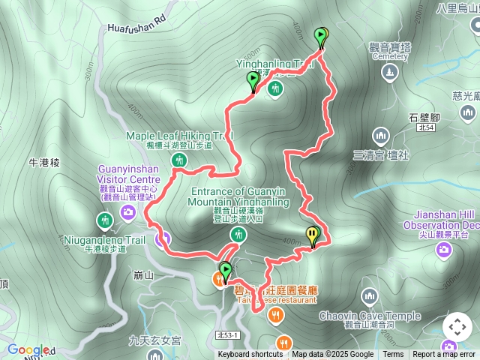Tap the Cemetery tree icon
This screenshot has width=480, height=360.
click(388, 72)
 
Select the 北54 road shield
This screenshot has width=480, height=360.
click(425, 128)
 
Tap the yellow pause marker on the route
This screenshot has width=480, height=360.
click(311, 235)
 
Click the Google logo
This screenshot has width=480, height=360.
click(27, 349)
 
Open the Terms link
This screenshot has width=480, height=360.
click(393, 355)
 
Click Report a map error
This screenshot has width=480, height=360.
click(445, 355)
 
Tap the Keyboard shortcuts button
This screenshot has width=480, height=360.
click(250, 355)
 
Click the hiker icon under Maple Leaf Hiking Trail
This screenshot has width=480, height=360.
click(179, 160)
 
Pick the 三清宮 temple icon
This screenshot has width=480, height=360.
click(381, 136)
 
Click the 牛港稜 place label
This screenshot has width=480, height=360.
click(43, 161)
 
